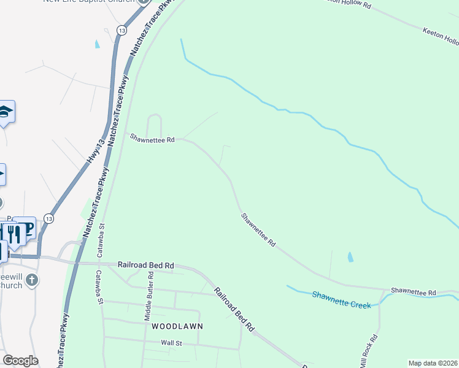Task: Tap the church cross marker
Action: [x=33, y=280]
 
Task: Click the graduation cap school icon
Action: [x=5, y=112]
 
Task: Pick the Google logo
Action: [x=20, y=361]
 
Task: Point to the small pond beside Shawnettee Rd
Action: [x=350, y=257]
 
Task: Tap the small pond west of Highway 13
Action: [x=96, y=44]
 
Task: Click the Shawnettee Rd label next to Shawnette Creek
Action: [x=413, y=292]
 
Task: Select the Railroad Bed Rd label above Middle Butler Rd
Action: [x=146, y=265]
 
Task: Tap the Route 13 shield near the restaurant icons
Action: [x=48, y=219]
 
